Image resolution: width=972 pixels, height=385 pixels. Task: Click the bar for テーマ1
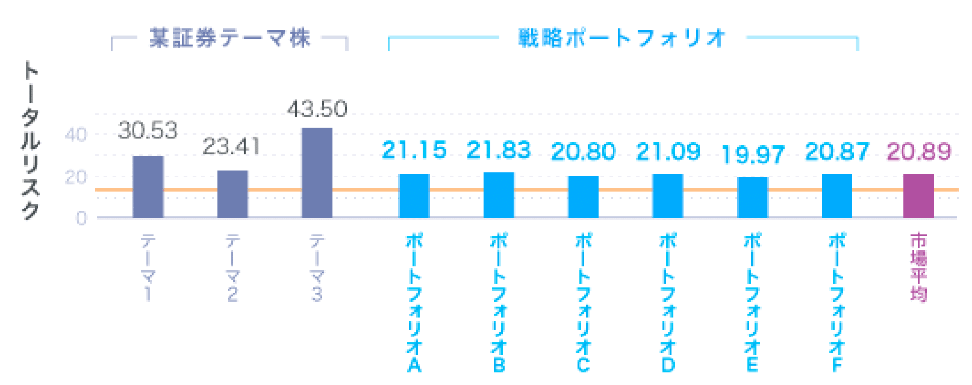148,187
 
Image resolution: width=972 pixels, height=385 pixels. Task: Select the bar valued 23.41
232,194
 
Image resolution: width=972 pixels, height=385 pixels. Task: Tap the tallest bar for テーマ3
317,173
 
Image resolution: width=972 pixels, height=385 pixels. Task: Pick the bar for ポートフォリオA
414,196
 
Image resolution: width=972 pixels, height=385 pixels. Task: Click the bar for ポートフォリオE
753,197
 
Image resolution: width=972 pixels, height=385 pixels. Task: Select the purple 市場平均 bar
918,196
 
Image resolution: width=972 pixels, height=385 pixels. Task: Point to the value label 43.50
317,109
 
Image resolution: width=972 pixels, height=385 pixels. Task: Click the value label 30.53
148,130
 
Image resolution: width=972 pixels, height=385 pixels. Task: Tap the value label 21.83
499,150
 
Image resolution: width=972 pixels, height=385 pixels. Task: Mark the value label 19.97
753,155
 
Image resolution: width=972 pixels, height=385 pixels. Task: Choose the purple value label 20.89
918,151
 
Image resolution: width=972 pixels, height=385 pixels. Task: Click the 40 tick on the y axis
76,134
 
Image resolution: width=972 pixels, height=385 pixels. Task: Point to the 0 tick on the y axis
81,218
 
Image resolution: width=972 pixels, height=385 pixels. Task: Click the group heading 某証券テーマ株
230,39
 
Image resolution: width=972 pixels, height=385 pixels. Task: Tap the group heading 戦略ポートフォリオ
622,39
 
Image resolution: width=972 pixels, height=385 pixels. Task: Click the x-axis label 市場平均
918,268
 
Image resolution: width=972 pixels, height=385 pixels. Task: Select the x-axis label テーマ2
232,268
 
